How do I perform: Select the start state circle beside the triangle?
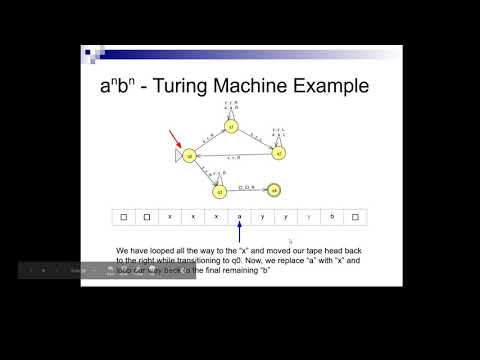pos(189,156)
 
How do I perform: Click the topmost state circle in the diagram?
pos(231,127)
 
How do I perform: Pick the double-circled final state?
pos(273,190)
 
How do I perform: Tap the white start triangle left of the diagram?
pos(176,157)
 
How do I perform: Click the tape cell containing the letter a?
pos(239,216)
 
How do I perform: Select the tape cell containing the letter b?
pos(331,216)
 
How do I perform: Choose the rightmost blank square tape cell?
pos(354,216)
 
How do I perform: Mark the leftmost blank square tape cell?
pos(123,216)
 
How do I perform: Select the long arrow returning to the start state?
pos(233,157)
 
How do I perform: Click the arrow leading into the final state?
pos(249,190)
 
